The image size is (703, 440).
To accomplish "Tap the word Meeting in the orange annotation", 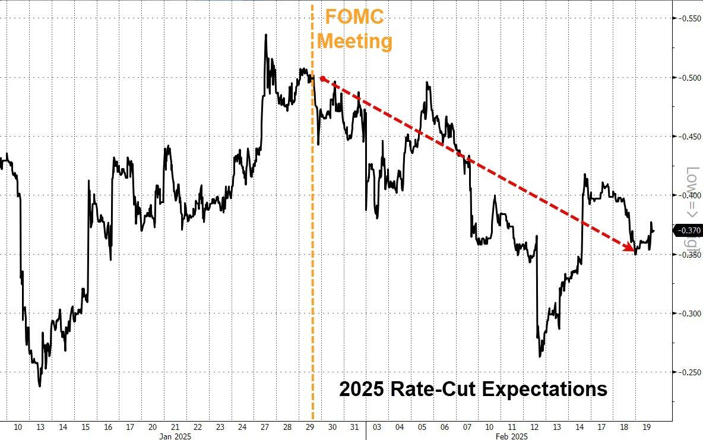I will pyautogui.click(x=354, y=42).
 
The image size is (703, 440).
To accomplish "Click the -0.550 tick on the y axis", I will pyautogui.click(x=687, y=18).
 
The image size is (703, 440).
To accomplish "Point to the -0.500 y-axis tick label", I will pyautogui.click(x=687, y=78).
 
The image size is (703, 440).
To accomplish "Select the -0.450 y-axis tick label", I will pyautogui.click(x=687, y=137).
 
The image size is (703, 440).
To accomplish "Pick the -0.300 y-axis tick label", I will pyautogui.click(x=687, y=314).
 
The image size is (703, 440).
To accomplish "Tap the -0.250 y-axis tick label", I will pyautogui.click(x=687, y=372).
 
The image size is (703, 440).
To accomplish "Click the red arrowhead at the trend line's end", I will pyautogui.click(x=631, y=249).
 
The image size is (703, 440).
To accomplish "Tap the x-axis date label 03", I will pyautogui.click(x=376, y=427).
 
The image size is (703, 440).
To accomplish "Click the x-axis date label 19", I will pyautogui.click(x=647, y=427).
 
